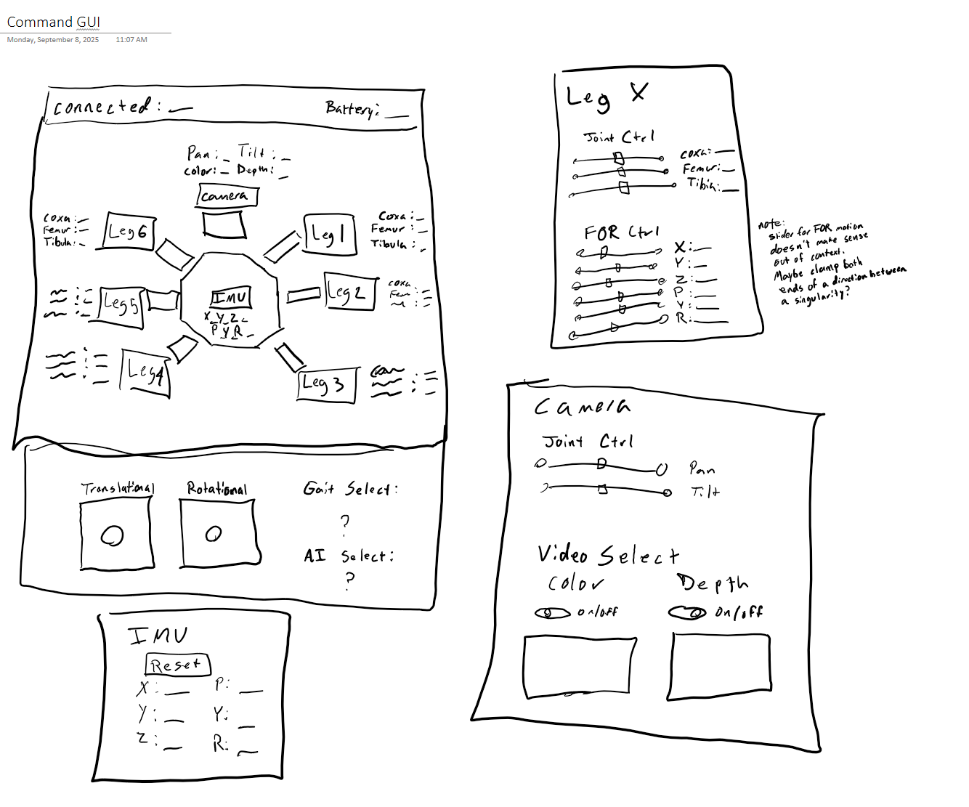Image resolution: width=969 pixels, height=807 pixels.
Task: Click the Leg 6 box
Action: point(129,232)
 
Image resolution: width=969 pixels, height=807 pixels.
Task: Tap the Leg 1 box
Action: point(330,234)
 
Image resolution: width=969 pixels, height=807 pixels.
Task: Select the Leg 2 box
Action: point(350,293)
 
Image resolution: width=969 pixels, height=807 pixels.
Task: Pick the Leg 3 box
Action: point(327,385)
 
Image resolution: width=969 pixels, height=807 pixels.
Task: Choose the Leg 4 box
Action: point(145,373)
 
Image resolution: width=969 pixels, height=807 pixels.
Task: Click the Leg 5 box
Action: point(121,304)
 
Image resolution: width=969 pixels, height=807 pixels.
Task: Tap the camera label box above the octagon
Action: point(227,195)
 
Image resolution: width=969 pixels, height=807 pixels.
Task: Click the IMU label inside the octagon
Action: point(231,297)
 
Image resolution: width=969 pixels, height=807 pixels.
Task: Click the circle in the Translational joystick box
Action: point(112,536)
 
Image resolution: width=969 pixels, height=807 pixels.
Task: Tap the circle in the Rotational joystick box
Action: point(214,534)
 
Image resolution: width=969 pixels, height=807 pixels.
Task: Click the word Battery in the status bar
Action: point(352,109)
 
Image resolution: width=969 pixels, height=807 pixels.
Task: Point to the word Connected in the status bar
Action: point(102,108)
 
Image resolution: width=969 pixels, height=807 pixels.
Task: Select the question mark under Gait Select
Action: point(345,522)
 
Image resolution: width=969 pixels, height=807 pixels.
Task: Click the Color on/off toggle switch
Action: point(553,613)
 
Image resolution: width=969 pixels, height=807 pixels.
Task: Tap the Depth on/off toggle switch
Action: point(687,613)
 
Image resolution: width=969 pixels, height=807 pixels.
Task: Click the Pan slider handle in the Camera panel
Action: point(601,463)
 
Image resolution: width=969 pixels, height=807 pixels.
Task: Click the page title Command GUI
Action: point(54,22)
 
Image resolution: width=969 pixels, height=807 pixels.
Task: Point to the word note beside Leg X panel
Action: point(769,224)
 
